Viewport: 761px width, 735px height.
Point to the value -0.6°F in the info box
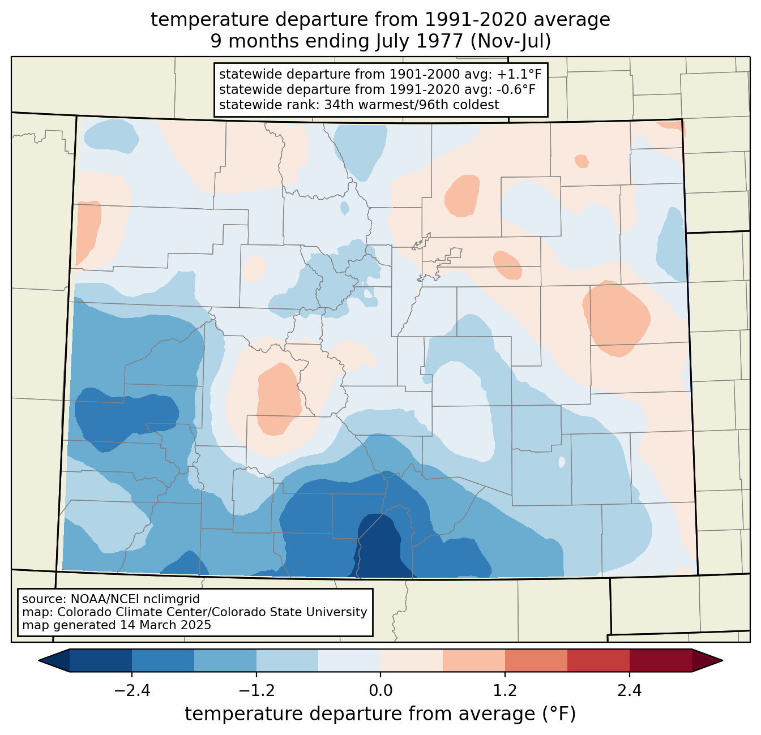point(516,89)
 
